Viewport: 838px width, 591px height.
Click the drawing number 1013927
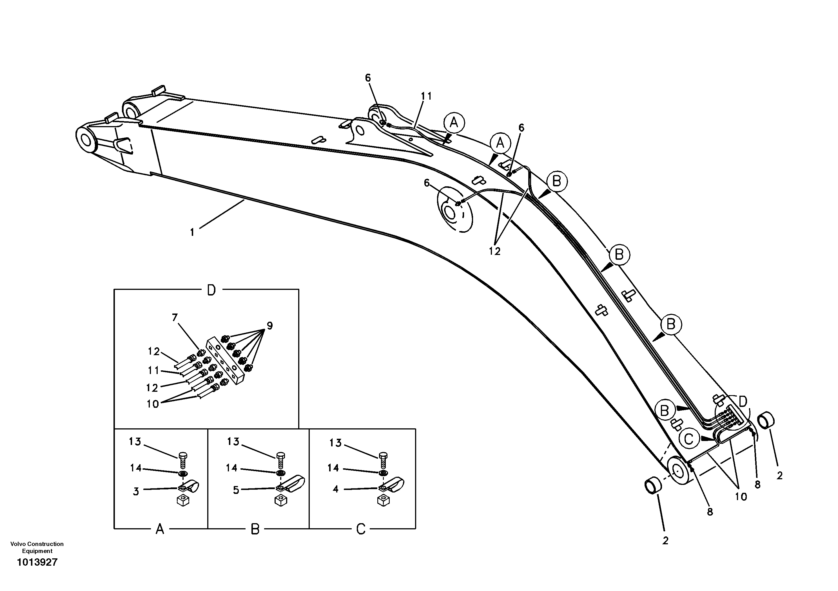coord(37,562)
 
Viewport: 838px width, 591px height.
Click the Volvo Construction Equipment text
coord(37,547)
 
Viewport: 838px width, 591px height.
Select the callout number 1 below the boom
coord(192,232)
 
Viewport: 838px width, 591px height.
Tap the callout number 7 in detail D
coord(175,318)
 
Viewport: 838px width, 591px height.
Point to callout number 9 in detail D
coord(269,325)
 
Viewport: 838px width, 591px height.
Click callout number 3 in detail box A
coord(136,491)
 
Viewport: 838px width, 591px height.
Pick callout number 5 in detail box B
coord(236,490)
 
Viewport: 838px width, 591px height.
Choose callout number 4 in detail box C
coord(336,489)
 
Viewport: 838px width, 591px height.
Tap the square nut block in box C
coord(383,501)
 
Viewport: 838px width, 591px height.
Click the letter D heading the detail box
coord(211,290)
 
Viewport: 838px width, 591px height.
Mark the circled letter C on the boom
coord(689,439)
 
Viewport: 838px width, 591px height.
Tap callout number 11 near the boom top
coord(426,96)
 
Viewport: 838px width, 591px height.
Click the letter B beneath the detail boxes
coord(255,529)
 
